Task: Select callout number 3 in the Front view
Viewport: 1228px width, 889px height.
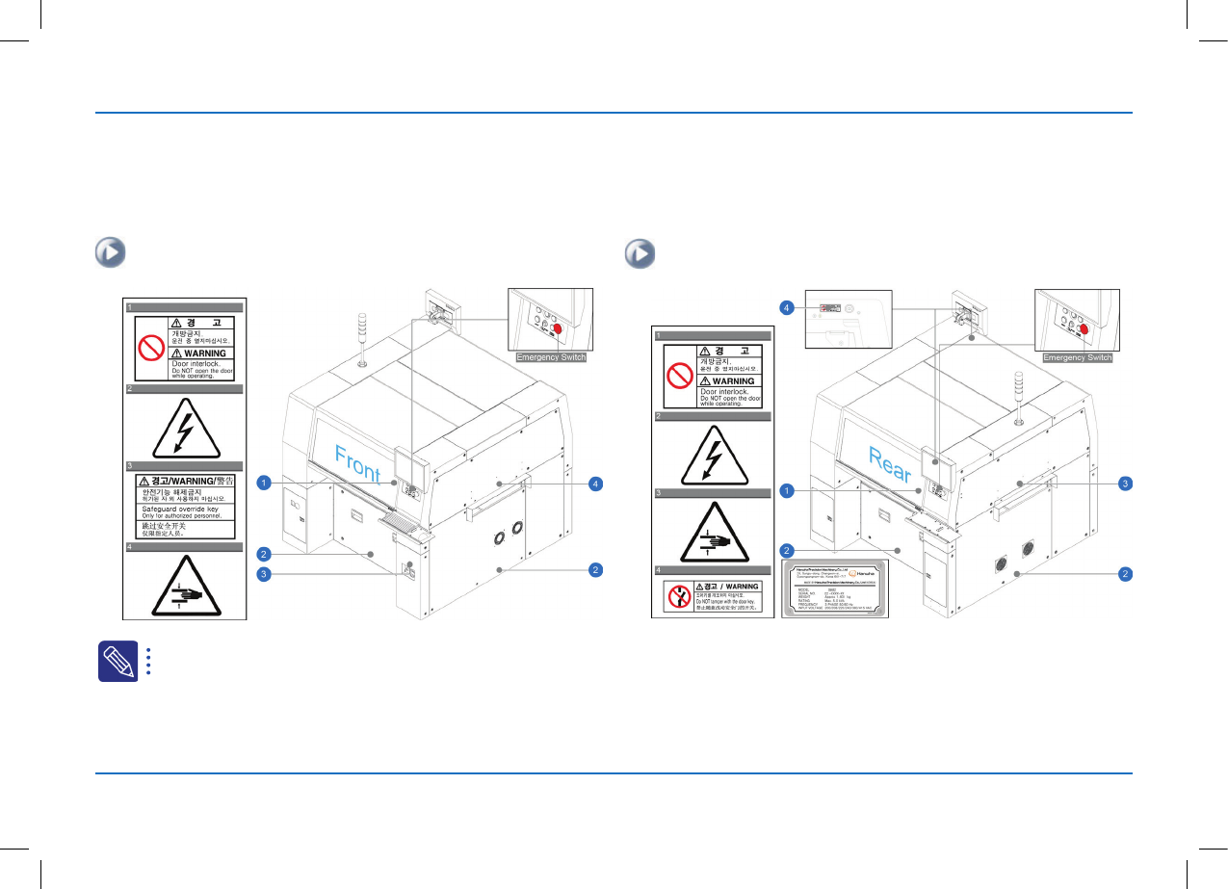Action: point(263,575)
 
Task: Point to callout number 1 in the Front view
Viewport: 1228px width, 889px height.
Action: point(263,482)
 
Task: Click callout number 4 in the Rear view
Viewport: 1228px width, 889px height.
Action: point(786,307)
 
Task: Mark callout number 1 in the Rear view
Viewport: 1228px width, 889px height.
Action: point(786,491)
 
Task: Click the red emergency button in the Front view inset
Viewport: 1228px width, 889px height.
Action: point(562,328)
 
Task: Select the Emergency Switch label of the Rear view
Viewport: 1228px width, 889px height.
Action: point(1078,357)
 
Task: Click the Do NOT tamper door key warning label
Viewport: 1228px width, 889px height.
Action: point(714,596)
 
